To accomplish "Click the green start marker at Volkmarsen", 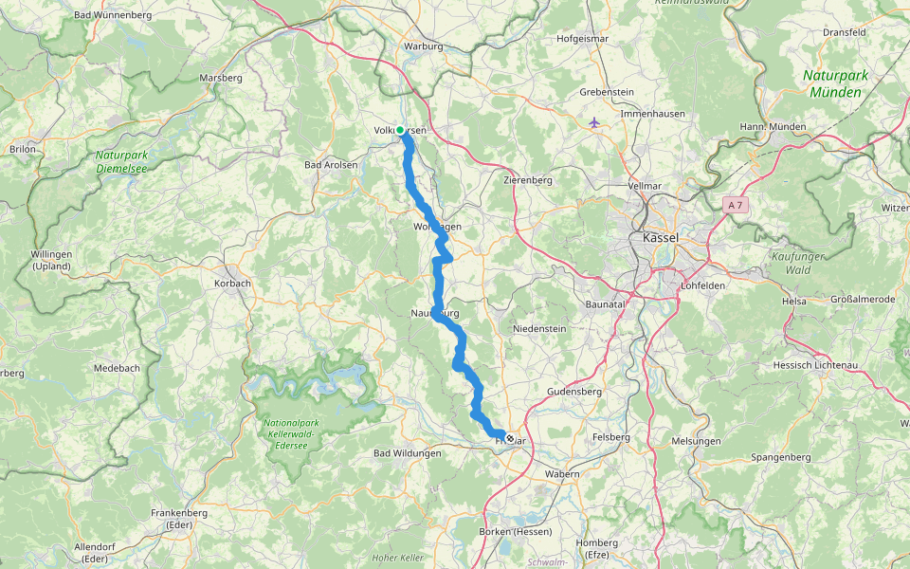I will (400, 130).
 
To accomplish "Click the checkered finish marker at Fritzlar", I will (511, 438).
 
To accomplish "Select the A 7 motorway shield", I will (734, 205).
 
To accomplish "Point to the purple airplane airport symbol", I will (594, 121).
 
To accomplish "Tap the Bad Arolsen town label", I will (331, 165).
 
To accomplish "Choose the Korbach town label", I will (232, 283).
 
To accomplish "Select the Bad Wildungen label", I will (408, 454).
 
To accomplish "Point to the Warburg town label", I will (424, 46).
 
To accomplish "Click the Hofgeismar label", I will (582, 39).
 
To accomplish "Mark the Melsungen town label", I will (695, 441).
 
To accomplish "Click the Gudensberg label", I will (575, 391).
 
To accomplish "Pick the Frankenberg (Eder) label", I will (179, 519).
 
